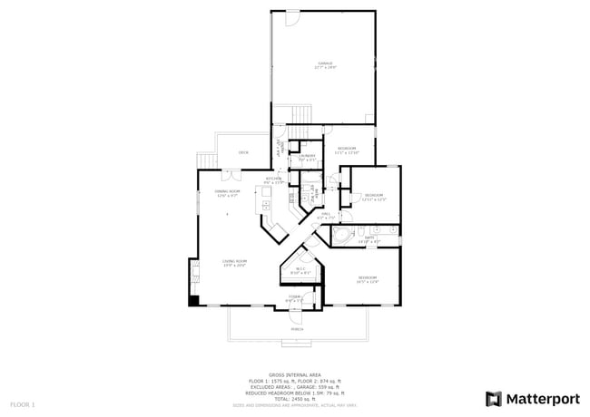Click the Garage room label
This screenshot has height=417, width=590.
pos(325,65)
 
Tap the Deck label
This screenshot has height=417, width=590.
pos(243,152)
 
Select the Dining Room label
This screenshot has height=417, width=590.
pos(226,193)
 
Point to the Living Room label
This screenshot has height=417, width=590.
pos(235,264)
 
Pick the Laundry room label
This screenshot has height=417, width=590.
pos(307,157)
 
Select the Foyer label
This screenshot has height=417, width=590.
pos(295,298)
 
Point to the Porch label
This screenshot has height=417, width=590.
pos(297,330)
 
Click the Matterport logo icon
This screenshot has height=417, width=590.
pos(493,398)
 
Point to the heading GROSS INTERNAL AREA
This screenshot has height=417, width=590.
pos(294,373)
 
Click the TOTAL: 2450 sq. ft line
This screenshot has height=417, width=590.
pos(294,398)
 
